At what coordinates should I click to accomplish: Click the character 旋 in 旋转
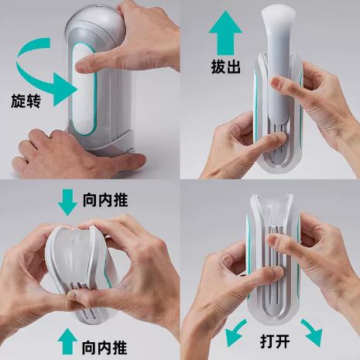click(x=19, y=101)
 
